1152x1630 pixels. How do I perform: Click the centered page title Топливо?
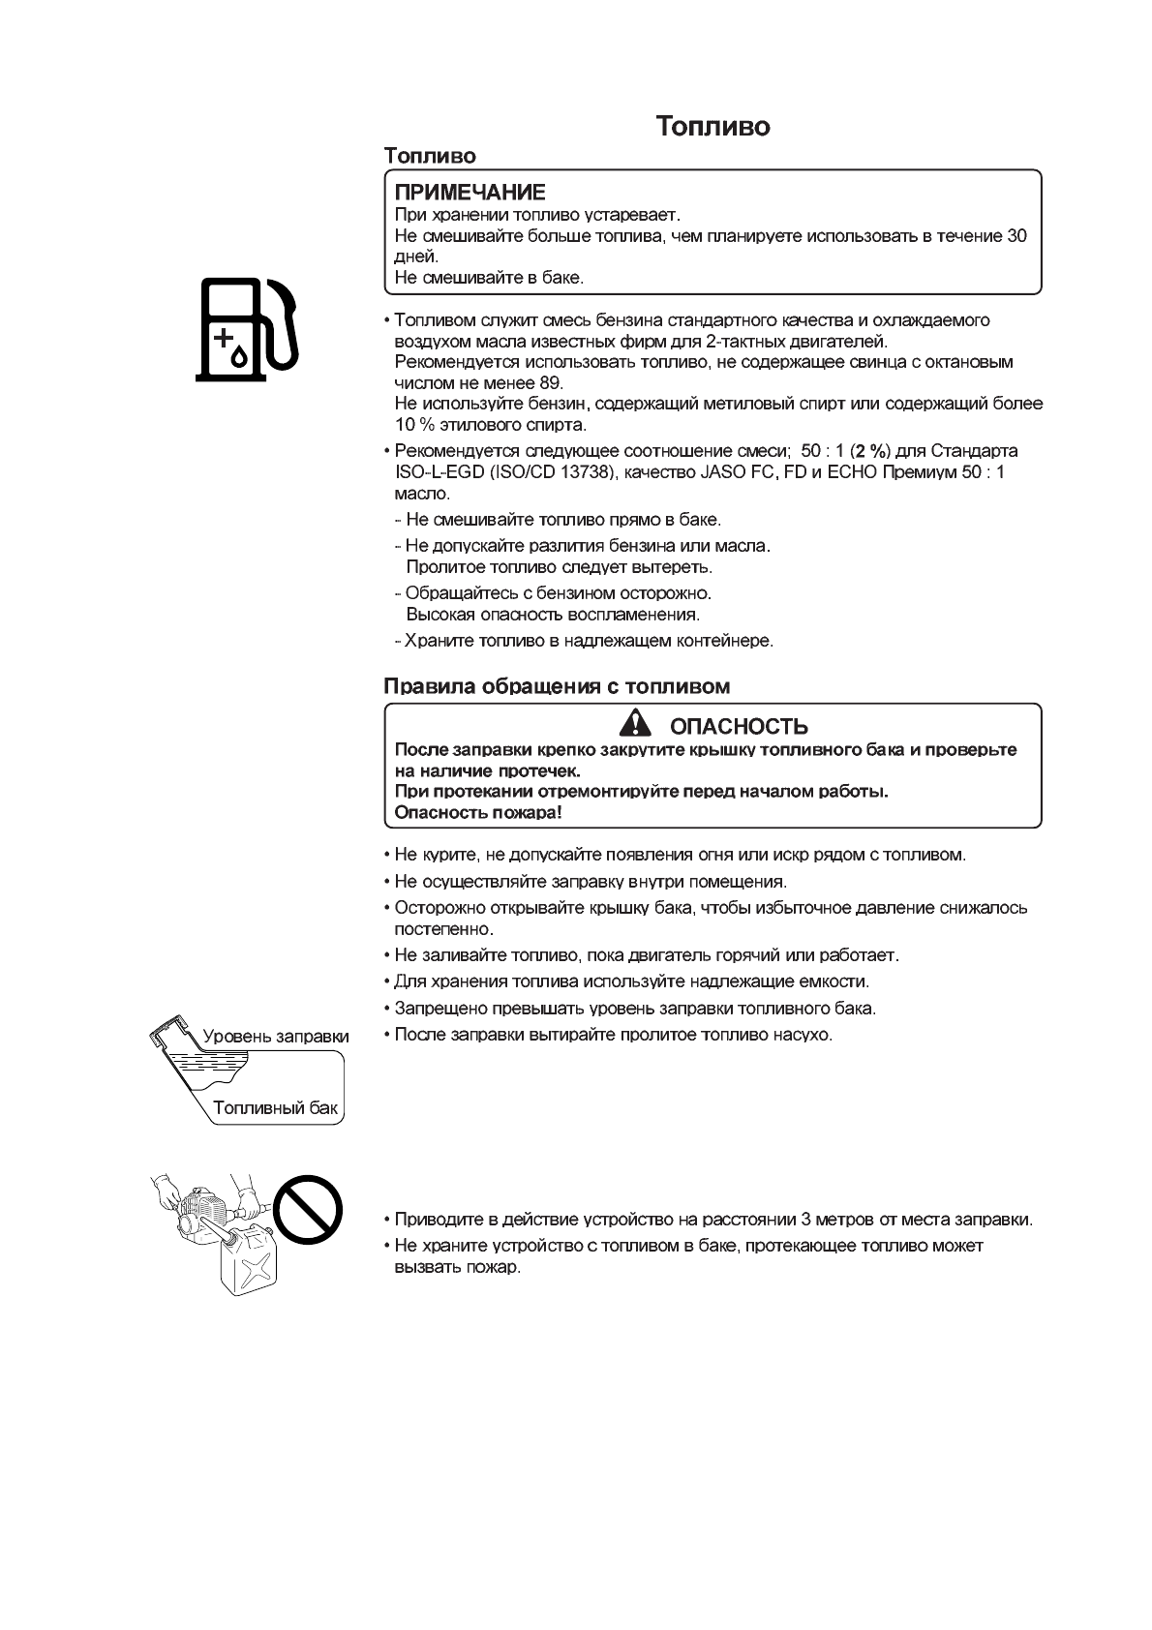tap(712, 127)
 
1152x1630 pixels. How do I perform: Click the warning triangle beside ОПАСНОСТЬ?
tap(636, 723)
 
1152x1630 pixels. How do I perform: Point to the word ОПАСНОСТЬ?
tap(739, 726)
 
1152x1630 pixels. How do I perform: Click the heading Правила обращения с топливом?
tap(557, 686)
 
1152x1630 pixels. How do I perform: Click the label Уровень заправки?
tap(275, 1037)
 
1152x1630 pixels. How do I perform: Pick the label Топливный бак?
tap(275, 1108)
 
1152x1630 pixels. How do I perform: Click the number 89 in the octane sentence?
tap(551, 382)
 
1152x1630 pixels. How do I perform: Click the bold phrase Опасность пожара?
tap(478, 812)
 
